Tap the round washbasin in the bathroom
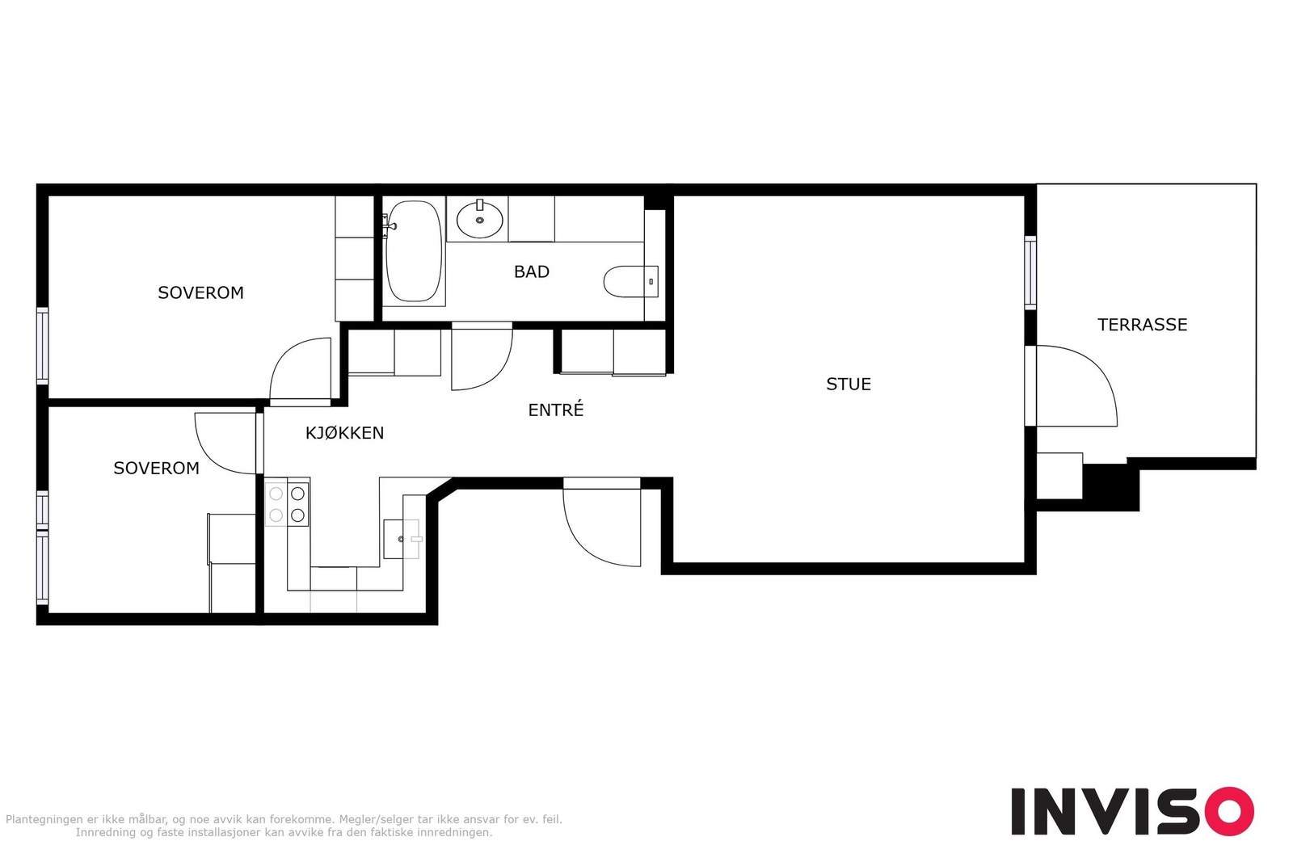click(480, 219)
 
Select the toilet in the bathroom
click(631, 282)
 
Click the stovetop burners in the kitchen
click(287, 503)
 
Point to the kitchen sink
click(402, 539)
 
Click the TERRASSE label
click(1143, 325)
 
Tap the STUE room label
click(849, 385)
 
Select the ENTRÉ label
click(556, 410)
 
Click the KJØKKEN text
click(344, 433)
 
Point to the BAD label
click(532, 271)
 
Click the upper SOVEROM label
click(201, 293)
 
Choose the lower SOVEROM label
click(157, 468)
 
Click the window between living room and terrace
click(1030, 272)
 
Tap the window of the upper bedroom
click(43, 346)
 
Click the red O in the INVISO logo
click(1229, 811)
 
